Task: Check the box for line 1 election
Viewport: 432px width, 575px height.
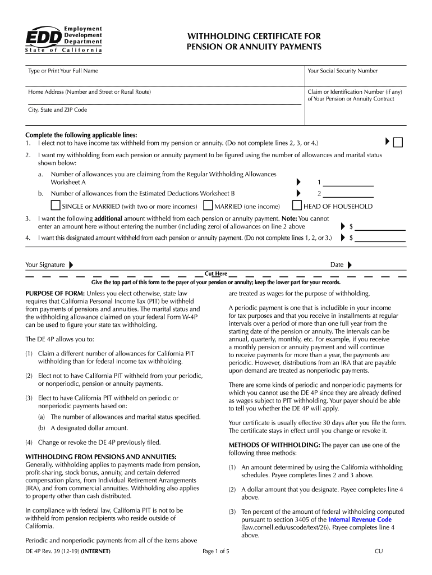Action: (x=398, y=143)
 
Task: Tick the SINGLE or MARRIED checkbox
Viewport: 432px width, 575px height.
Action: (x=56, y=206)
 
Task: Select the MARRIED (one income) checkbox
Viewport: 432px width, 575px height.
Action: (x=208, y=206)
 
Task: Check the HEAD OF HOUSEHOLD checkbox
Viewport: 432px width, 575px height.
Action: (x=297, y=206)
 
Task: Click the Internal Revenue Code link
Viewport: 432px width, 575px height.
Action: (x=360, y=520)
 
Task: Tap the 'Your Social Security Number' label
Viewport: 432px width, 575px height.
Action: (x=342, y=71)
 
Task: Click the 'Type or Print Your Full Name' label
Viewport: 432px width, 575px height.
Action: (x=63, y=71)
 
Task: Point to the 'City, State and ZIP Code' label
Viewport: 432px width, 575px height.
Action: (x=58, y=110)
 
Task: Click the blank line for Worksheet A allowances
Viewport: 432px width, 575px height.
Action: (x=348, y=182)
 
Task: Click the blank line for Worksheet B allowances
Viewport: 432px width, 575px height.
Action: (x=348, y=194)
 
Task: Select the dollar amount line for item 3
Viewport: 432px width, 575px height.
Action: (x=380, y=227)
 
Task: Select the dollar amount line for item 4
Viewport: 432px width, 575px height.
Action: (x=380, y=238)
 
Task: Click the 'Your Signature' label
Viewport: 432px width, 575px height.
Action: (x=45, y=265)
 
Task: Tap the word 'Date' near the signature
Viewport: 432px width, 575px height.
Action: (x=337, y=265)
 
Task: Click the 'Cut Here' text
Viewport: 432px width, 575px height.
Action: (x=216, y=274)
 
